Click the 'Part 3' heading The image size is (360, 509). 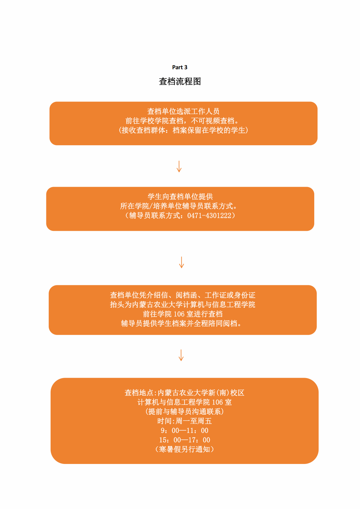tap(180, 67)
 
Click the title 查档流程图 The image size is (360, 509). tap(180, 81)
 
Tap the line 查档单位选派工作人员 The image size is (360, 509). tap(183, 111)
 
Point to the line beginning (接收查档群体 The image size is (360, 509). tap(183, 130)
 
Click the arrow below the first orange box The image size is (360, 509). tap(179, 166)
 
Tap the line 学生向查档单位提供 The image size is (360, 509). tap(180, 197)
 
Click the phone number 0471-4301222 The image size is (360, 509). tap(209, 215)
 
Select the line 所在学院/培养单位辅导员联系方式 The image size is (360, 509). tap(179, 206)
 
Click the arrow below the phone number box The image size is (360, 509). tap(182, 262)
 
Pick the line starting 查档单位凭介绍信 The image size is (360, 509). tap(183, 295)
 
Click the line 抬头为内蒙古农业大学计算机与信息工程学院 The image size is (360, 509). tap(183, 305)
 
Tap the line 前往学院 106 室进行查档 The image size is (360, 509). tap(183, 314)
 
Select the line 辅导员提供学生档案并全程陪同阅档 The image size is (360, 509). tap(181, 323)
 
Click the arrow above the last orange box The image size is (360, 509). tap(181, 355)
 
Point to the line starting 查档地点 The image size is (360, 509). tap(185, 393)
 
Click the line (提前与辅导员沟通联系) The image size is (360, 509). tap(185, 411)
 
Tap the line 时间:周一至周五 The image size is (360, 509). tap(185, 421)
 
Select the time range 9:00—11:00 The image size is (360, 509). tap(185, 430)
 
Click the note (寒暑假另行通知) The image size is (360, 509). tap(185, 449)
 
